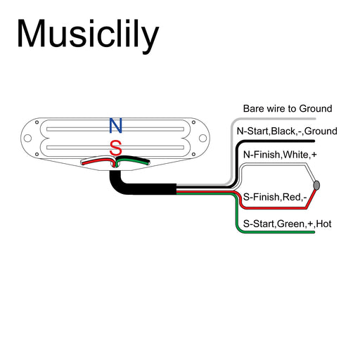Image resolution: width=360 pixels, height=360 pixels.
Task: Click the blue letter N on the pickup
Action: (116, 126)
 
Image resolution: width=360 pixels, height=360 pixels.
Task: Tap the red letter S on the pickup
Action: (116, 148)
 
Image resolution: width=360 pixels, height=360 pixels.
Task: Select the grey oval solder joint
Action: (317, 185)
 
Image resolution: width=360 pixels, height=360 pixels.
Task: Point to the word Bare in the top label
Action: (254, 109)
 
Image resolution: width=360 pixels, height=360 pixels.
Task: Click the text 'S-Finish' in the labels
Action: (260, 197)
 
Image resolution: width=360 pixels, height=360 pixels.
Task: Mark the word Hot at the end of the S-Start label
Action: (324, 224)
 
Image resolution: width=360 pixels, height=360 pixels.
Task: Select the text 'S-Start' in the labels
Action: (257, 224)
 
